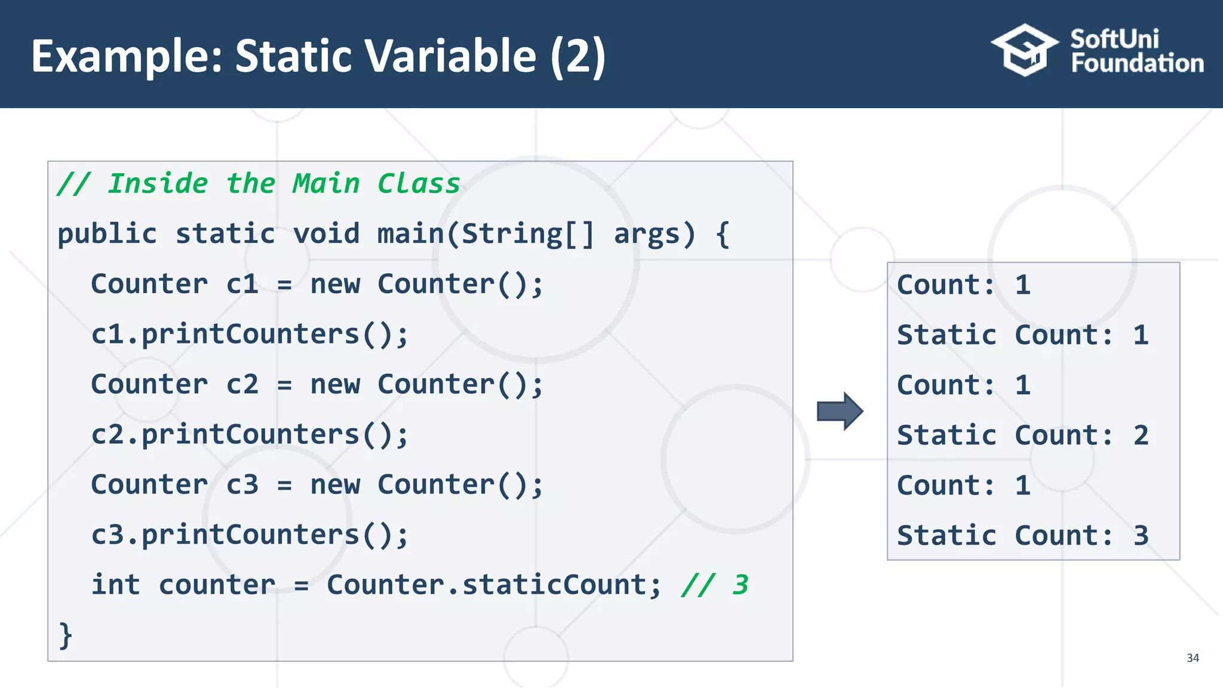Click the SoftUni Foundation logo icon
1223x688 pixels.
pyautogui.click(x=1025, y=50)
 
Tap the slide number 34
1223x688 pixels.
pyautogui.click(x=1193, y=658)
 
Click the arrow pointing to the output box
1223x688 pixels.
pyautogui.click(x=840, y=411)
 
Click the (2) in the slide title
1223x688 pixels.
pyautogui.click(x=577, y=56)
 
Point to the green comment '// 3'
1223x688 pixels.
pyautogui.click(x=714, y=585)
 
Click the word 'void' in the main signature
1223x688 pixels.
pyautogui.click(x=326, y=234)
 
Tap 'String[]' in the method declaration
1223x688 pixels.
pyautogui.click(x=528, y=234)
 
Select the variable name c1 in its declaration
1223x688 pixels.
pyautogui.click(x=242, y=284)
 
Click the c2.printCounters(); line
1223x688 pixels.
pyautogui.click(x=250, y=434)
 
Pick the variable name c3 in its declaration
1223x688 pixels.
pyautogui.click(x=242, y=484)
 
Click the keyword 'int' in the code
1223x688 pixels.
pyautogui.click(x=115, y=585)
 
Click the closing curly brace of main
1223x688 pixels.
pyautogui.click(x=65, y=635)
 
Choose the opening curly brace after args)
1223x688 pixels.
pyautogui.click(x=723, y=234)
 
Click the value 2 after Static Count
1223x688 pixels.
pyautogui.click(x=1141, y=435)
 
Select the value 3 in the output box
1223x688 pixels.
pyautogui.click(x=1141, y=536)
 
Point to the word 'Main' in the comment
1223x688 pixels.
pyautogui.click(x=326, y=183)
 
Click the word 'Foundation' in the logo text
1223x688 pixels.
pyautogui.click(x=1137, y=63)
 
